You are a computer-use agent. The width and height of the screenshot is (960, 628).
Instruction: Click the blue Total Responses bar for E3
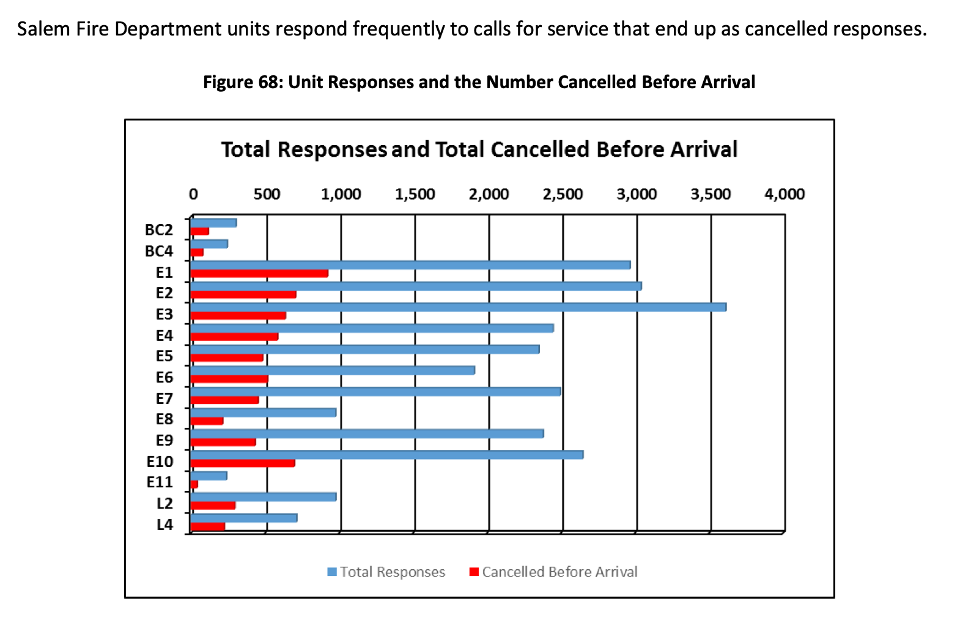(x=459, y=307)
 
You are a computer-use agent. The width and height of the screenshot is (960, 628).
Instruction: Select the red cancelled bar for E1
(x=260, y=274)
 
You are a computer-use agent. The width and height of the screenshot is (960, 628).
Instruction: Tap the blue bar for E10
(x=387, y=455)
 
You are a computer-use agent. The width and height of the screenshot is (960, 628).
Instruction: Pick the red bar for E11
(x=194, y=484)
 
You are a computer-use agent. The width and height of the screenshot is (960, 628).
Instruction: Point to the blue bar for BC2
(x=214, y=223)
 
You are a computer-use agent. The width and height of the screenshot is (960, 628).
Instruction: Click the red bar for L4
(x=208, y=526)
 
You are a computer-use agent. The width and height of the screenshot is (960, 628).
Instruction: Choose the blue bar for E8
(x=264, y=413)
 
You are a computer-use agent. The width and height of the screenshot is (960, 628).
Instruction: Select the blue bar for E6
(x=333, y=370)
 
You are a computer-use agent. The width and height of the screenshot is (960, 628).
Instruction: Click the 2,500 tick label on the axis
(x=563, y=195)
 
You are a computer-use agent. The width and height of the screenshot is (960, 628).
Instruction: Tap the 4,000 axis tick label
(x=785, y=195)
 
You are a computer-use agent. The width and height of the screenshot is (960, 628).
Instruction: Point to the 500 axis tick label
(x=267, y=195)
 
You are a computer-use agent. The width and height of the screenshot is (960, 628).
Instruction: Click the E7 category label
(x=164, y=398)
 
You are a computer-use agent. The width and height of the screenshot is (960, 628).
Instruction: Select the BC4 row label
(x=159, y=251)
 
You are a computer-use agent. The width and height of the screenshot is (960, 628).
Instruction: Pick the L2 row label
(x=165, y=503)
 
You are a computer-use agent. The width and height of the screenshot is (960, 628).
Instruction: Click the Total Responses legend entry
(x=392, y=572)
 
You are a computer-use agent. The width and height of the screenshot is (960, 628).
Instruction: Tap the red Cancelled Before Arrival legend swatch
(x=474, y=572)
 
